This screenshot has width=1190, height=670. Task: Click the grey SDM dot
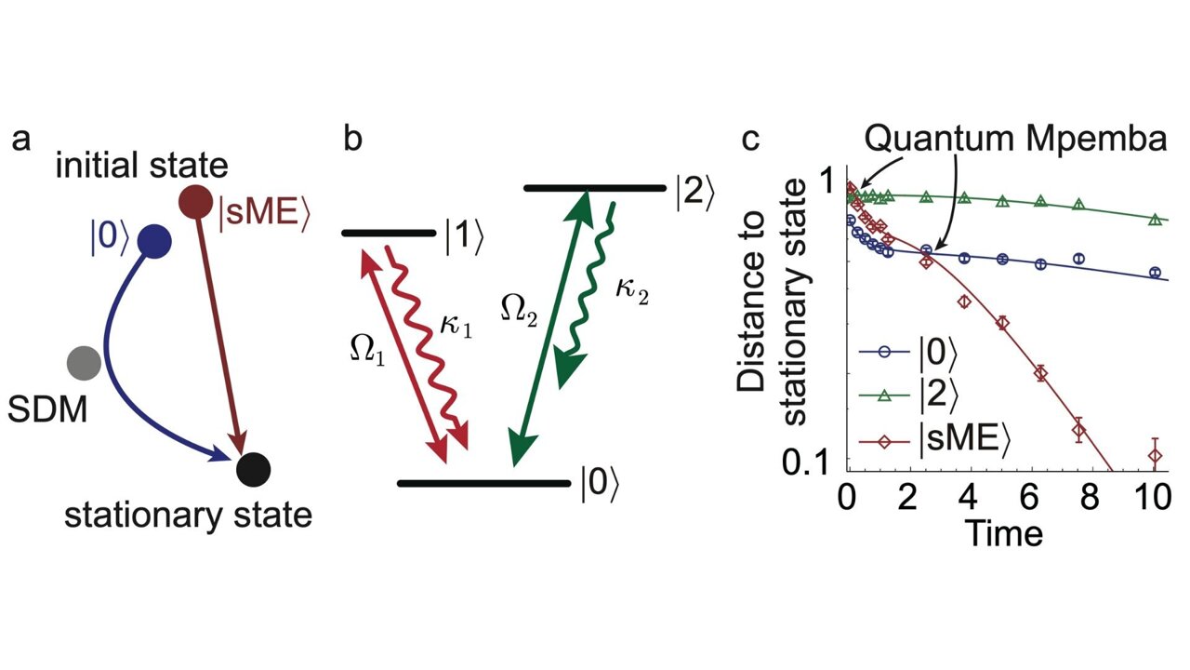[x=85, y=361]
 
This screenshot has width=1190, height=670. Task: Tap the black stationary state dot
[x=253, y=468]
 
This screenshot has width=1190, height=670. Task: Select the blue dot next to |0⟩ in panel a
[x=153, y=242]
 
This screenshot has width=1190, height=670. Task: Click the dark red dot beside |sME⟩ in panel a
[x=196, y=202]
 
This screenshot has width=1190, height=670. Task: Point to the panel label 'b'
[x=353, y=140]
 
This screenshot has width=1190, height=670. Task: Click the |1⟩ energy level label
[x=462, y=238]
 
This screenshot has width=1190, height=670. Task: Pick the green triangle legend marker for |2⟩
[x=883, y=395]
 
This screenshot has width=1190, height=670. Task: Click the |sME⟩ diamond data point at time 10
[x=1155, y=455]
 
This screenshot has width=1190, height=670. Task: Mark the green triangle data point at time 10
[x=1155, y=220]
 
